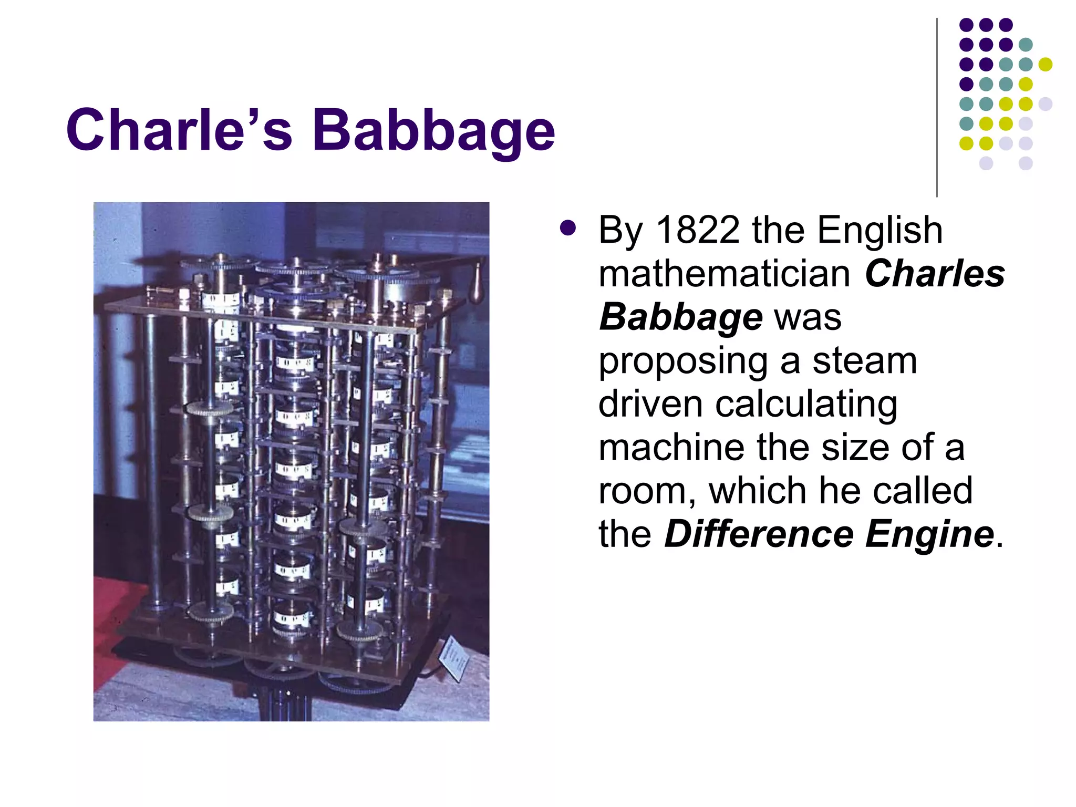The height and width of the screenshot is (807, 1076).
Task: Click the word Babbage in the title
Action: pyautogui.click(x=433, y=130)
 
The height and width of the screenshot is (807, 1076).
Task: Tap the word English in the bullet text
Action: pyautogui.click(x=880, y=231)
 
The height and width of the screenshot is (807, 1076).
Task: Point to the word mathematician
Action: pyautogui.click(x=724, y=274)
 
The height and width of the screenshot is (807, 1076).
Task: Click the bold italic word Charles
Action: pyautogui.click(x=935, y=274)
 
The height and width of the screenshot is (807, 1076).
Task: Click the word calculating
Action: pyautogui.click(x=806, y=405)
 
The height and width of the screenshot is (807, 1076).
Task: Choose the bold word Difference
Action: pyautogui.click(x=759, y=534)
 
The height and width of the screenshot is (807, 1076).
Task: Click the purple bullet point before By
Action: pyautogui.click(x=568, y=229)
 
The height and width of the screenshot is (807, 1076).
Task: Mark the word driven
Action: pyautogui.click(x=650, y=405)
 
